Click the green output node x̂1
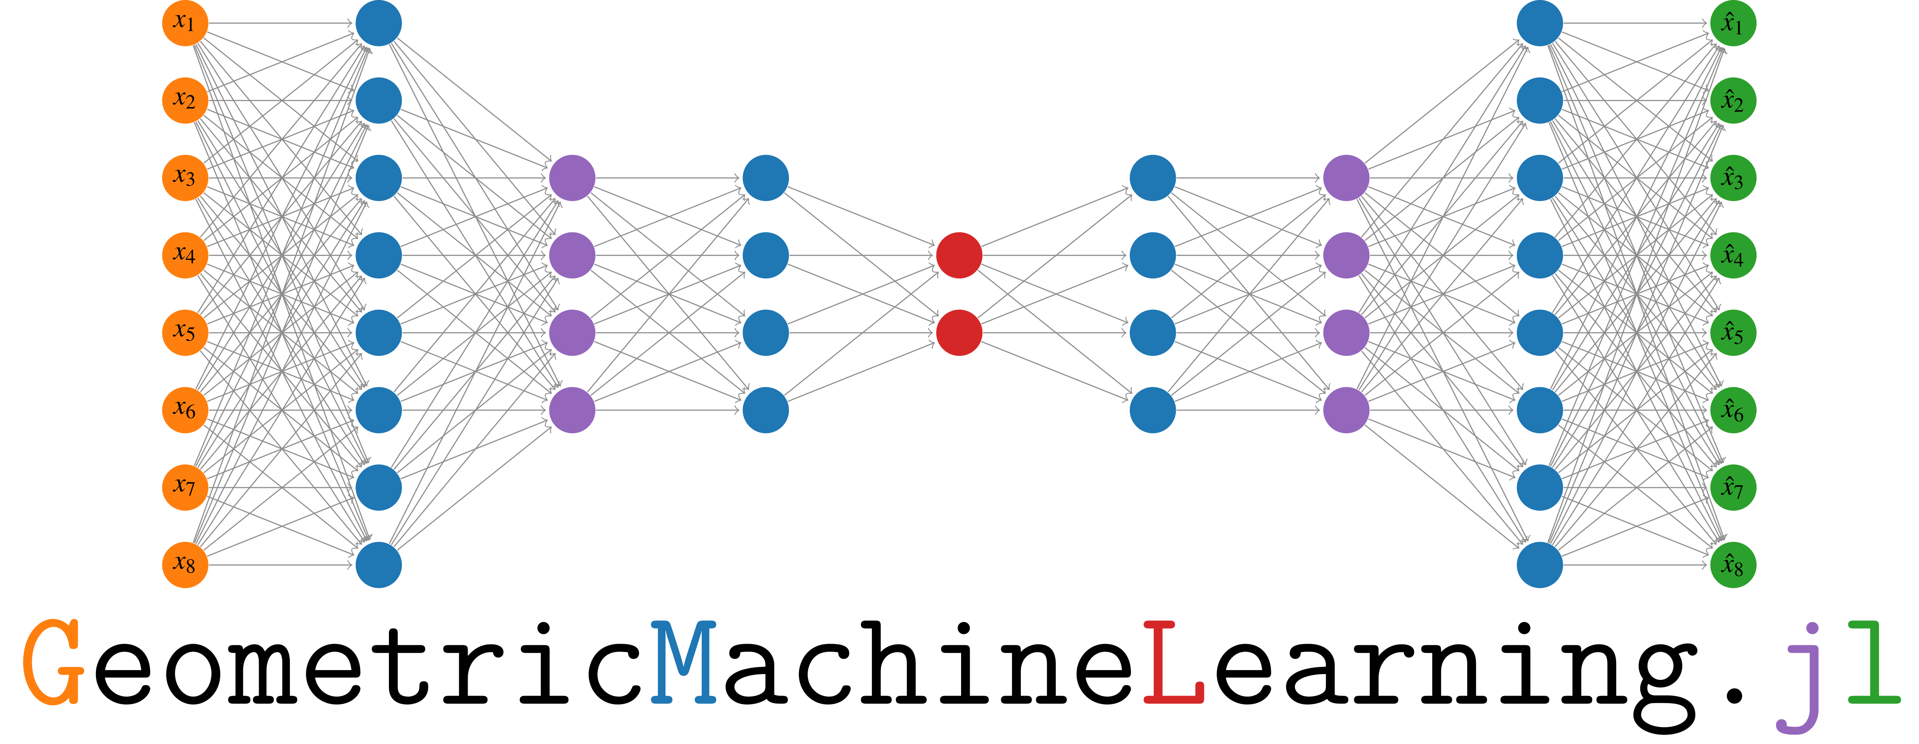pos(1733,23)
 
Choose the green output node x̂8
pos(1733,565)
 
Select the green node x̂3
pos(1733,178)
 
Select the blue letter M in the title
pos(683,663)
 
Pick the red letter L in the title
pos(1173,663)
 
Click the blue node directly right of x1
pos(378,23)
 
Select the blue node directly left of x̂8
pos(1539,565)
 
